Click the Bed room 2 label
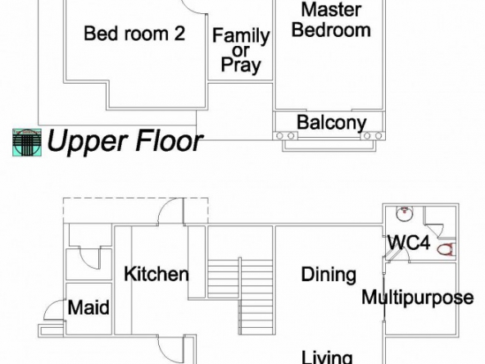tap(134, 34)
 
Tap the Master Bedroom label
tap(331, 20)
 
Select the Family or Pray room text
tap(241, 51)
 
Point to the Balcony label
tap(332, 123)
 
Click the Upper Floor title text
tap(125, 141)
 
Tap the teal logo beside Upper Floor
tap(27, 143)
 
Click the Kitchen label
tap(156, 274)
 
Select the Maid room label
tap(88, 307)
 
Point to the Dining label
tap(329, 275)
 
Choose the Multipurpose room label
tap(418, 298)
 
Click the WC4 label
tap(409, 243)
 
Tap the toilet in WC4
tap(446, 249)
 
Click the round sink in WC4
tap(405, 214)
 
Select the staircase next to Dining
tap(240, 296)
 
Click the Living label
tap(327, 357)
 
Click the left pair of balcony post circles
tap(285, 136)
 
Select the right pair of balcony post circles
tap(373, 136)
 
